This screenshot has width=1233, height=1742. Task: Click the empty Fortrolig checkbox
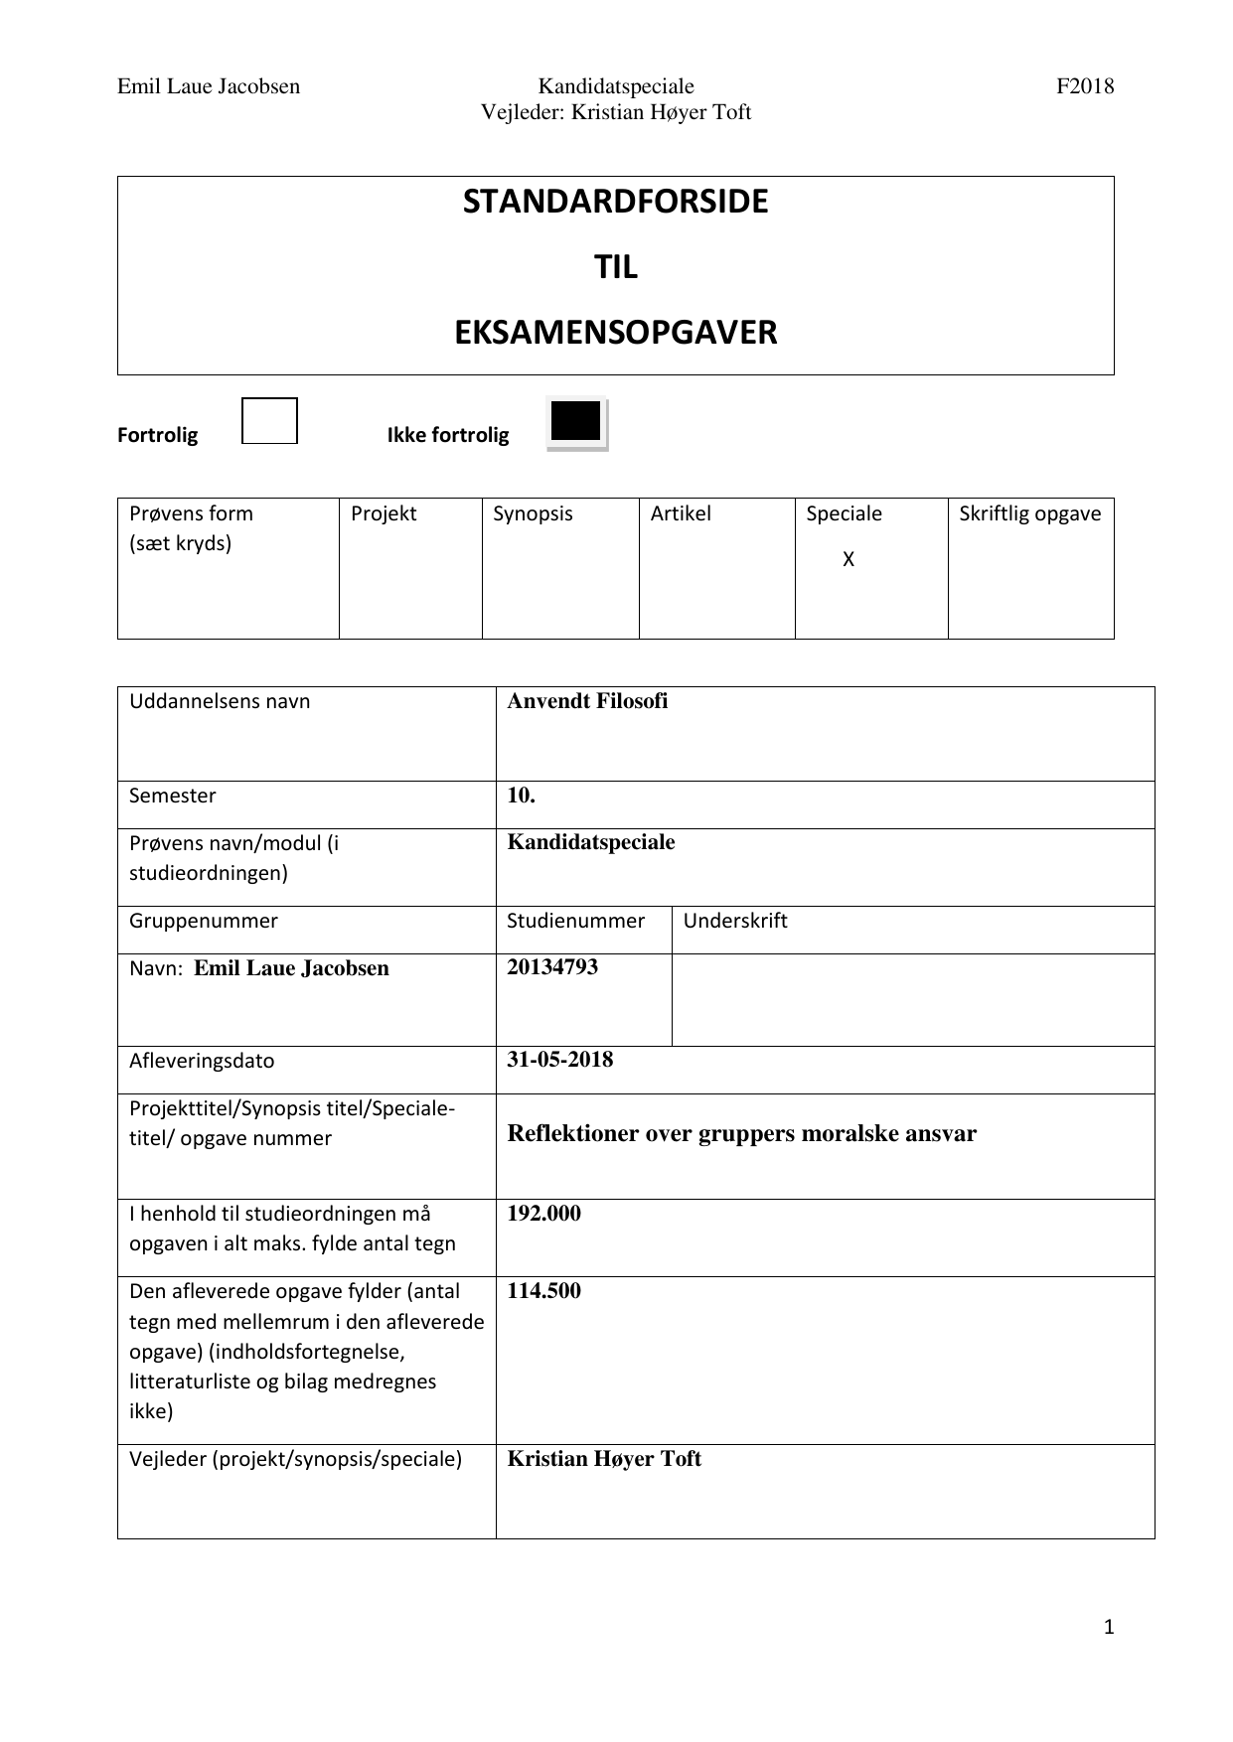click(269, 421)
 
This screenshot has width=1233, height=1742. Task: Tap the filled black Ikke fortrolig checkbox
click(576, 422)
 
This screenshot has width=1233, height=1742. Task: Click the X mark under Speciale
click(848, 560)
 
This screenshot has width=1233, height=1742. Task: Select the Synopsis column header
click(533, 514)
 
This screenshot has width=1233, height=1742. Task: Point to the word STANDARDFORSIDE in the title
click(615, 202)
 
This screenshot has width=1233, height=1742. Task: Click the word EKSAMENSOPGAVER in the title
click(615, 333)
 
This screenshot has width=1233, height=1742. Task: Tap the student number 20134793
click(552, 967)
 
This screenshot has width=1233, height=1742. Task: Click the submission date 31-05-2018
click(560, 1060)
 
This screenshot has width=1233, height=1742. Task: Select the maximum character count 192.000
click(543, 1214)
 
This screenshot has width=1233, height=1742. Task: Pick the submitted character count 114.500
click(543, 1291)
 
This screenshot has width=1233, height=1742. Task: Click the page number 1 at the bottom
click(1109, 1627)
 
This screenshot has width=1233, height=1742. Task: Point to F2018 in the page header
click(1085, 86)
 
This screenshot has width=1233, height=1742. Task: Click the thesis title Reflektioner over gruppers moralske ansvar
click(741, 1134)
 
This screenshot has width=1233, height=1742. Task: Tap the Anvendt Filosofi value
click(587, 701)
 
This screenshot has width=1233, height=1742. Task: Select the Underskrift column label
click(735, 921)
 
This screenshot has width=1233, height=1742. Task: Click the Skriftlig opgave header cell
click(1030, 514)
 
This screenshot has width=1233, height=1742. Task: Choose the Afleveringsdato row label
click(202, 1061)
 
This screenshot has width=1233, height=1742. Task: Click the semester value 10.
click(522, 796)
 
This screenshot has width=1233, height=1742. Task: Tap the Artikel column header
click(681, 514)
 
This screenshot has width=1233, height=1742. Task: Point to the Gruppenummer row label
click(204, 921)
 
